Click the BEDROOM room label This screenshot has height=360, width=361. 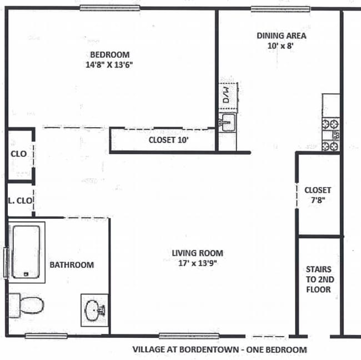coord(110,54)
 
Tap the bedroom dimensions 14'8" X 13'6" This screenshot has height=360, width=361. coord(110,64)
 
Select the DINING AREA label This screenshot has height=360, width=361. coord(281,36)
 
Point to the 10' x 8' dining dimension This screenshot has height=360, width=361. coord(280,46)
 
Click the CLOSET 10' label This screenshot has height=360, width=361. coord(169,140)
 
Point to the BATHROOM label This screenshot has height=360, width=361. coord(72,265)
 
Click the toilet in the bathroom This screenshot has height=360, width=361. coord(28,304)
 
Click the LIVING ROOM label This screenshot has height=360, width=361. coord(197,253)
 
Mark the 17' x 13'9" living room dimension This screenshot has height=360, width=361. coord(197,264)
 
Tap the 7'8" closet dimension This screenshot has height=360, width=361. coord(318,201)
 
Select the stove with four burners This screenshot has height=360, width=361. coord(331,134)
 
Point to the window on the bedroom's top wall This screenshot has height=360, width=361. coord(109,8)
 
